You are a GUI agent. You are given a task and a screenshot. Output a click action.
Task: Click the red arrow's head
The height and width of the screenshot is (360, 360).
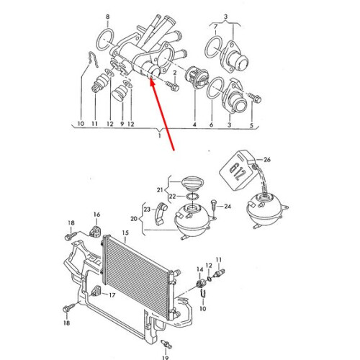click(x=153, y=82)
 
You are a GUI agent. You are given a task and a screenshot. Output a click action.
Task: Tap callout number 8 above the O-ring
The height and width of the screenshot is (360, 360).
click(x=107, y=17)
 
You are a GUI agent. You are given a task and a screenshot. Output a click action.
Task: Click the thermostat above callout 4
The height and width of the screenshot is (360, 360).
click(x=197, y=77)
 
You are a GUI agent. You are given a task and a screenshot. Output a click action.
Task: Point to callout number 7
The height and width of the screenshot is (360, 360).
click(x=215, y=27)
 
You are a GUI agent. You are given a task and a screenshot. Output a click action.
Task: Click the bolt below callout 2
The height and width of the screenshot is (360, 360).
click(x=174, y=86)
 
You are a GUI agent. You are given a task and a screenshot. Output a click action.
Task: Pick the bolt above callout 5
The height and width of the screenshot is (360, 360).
click(x=255, y=98)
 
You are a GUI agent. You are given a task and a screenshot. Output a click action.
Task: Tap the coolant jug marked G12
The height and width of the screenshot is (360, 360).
click(x=238, y=170)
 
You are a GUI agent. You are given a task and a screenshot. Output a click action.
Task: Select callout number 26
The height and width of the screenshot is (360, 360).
click(x=267, y=159)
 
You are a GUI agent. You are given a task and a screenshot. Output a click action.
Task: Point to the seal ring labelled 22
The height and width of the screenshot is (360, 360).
click(x=192, y=197)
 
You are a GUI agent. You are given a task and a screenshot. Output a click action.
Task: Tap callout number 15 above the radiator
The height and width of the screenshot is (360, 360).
click(x=125, y=233)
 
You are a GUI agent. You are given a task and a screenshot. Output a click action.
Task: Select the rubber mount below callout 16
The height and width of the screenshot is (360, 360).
click(x=96, y=230)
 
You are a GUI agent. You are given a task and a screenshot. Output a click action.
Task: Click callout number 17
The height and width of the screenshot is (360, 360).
click(x=112, y=295)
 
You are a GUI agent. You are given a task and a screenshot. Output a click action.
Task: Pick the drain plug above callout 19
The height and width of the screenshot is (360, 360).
click(x=166, y=344)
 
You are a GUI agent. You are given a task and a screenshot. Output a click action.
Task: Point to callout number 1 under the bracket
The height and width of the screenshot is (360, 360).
click(x=160, y=136)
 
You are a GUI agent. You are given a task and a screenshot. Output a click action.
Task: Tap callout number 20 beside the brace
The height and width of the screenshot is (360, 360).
click(x=134, y=219)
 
